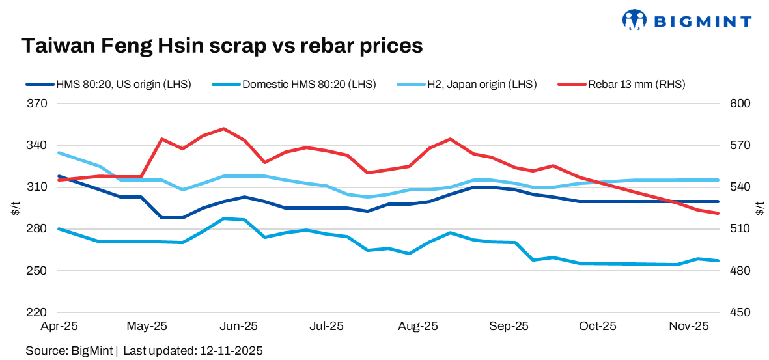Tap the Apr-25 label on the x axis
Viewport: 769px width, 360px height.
tap(59, 325)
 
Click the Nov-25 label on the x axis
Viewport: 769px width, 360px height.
tap(690, 325)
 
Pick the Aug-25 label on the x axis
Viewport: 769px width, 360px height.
tap(417, 325)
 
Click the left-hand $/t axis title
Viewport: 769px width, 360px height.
tap(16, 208)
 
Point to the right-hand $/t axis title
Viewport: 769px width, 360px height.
tap(759, 208)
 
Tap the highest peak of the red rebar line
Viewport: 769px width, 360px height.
tap(223, 128)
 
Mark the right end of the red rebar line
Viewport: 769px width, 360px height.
tap(718, 213)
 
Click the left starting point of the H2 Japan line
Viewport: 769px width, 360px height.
tap(59, 152)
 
